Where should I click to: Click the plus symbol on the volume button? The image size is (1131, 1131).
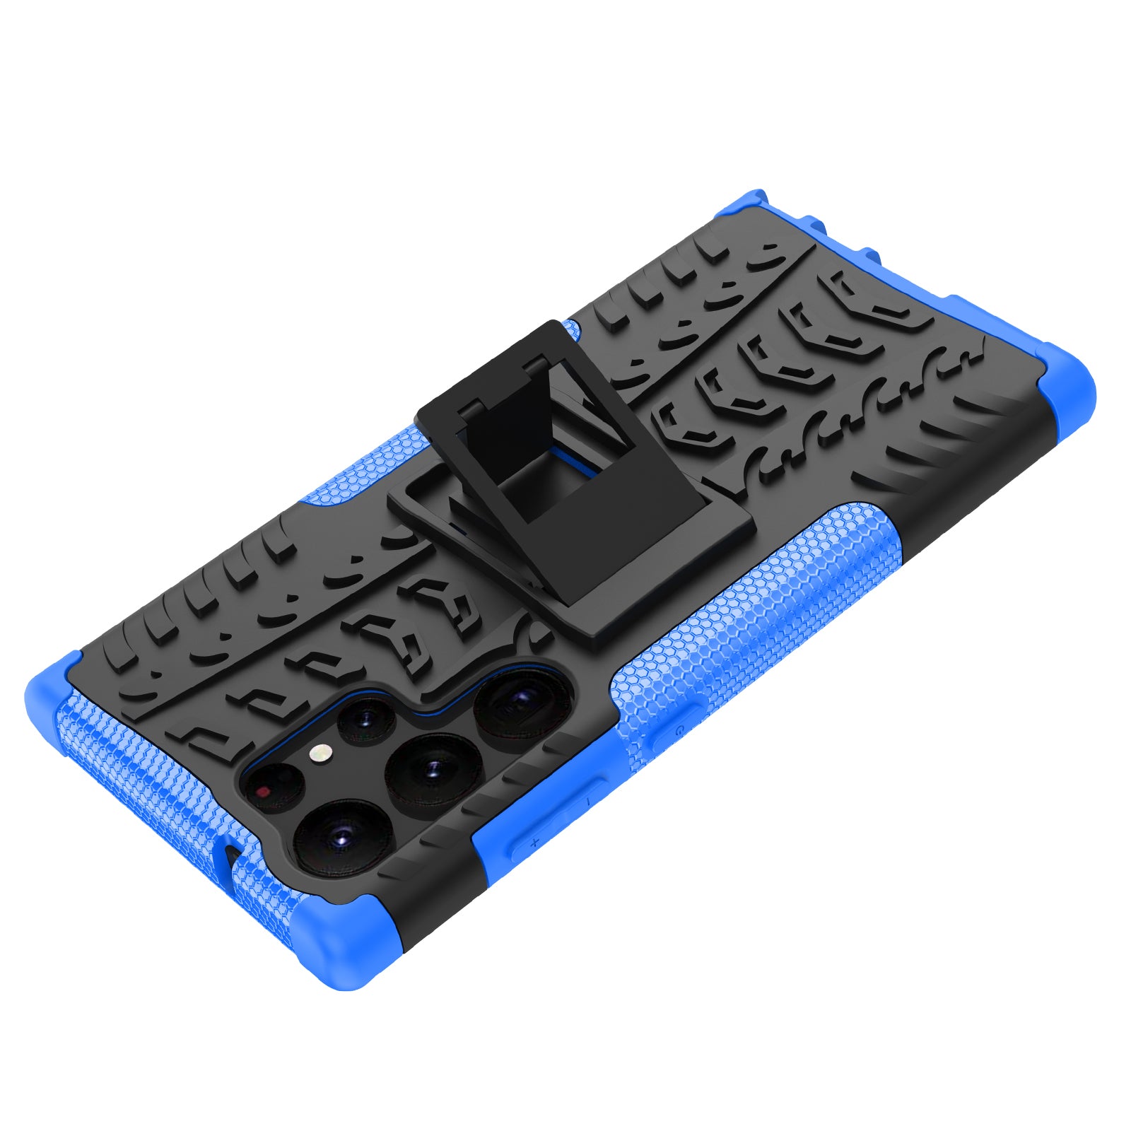click(534, 842)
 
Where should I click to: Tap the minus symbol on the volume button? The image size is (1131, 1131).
click(587, 801)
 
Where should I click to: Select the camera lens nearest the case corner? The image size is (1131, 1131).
click(342, 839)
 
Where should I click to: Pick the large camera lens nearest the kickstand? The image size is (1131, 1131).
click(522, 702)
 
